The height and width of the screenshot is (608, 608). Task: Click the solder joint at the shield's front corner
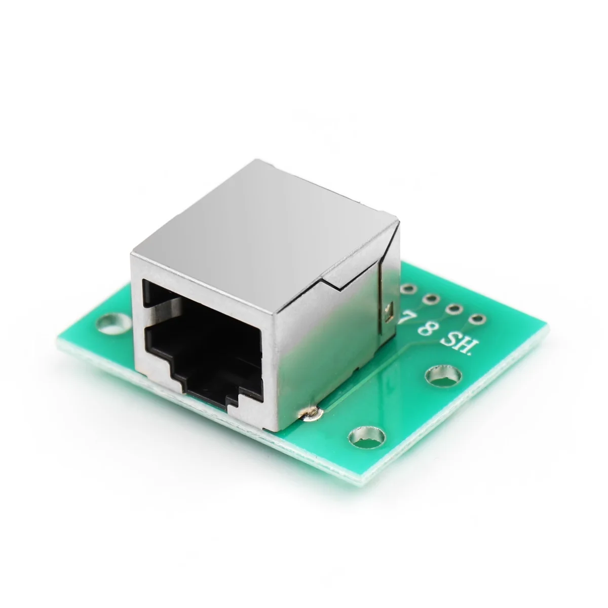click(x=310, y=414)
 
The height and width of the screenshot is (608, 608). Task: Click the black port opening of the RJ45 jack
click(x=203, y=334)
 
